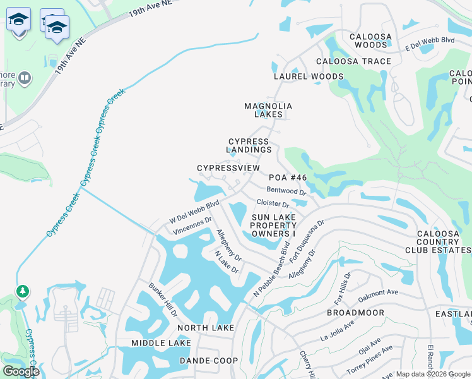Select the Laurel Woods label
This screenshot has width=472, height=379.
pos(309,76)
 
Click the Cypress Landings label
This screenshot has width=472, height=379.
pos(249,146)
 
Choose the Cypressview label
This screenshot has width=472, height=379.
pos(228,168)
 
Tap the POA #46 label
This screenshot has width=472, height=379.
pos(288,178)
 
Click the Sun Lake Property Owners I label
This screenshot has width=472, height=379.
pos(274,226)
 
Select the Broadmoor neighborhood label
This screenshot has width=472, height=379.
pos(355,313)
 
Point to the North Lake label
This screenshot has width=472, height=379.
pos(206,328)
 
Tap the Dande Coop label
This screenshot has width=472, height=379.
pos(209,361)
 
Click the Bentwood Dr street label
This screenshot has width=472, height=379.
pos(286,190)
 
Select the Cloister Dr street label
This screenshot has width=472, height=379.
pos(273,204)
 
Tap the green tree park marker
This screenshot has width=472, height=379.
pos(23,291)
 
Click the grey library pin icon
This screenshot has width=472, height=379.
pos(25,78)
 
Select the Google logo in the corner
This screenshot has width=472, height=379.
pos(21,371)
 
